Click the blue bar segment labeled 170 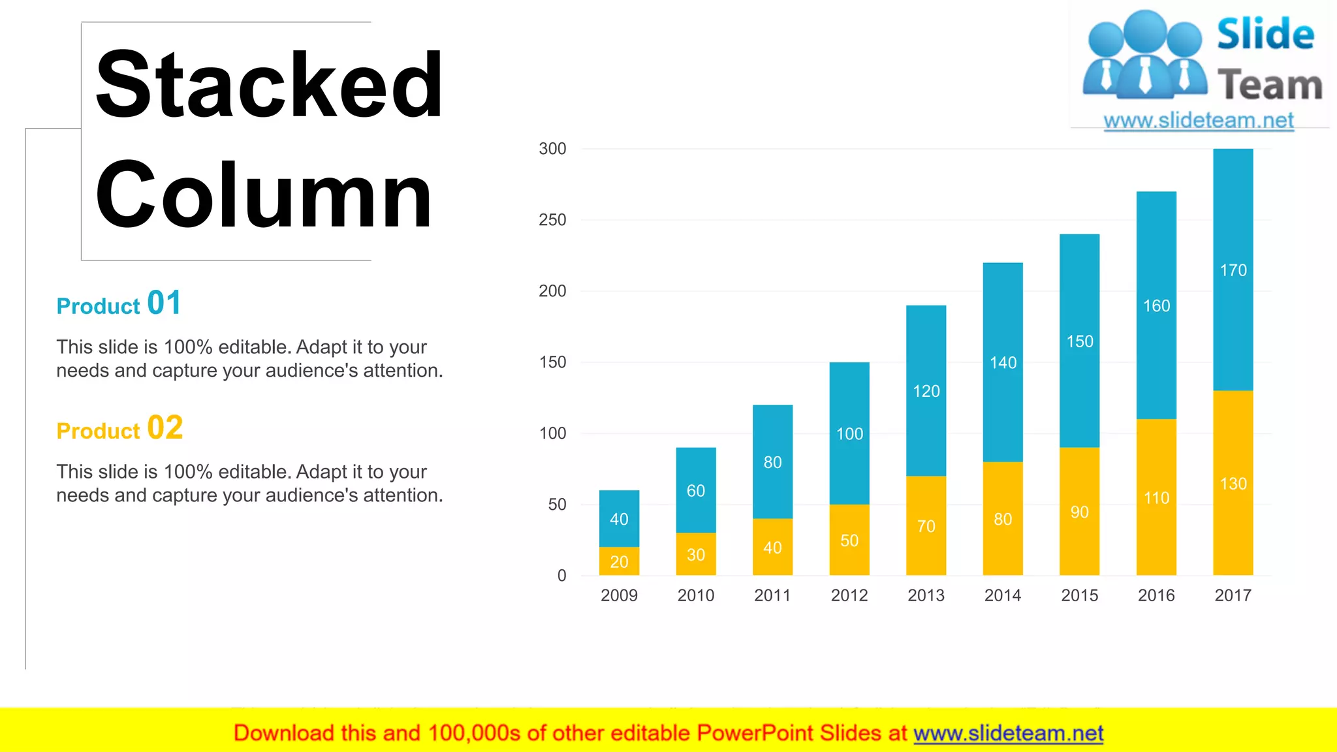tap(1233, 270)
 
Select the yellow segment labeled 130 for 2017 tap(1233, 483)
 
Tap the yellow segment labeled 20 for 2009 tap(619, 561)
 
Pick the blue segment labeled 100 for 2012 tap(849, 433)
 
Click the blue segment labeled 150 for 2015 tap(1079, 341)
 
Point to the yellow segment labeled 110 tap(1156, 497)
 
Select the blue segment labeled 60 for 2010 tap(695, 490)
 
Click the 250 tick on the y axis tap(552, 220)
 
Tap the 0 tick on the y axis tap(561, 576)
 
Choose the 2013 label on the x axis tap(926, 595)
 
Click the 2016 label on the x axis tap(1156, 595)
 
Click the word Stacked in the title tap(269, 85)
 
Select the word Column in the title tap(264, 196)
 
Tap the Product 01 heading tap(119, 304)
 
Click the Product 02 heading tap(119, 429)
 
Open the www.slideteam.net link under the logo tap(1199, 121)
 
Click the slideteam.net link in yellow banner tap(1008, 733)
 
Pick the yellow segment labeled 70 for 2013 tap(926, 525)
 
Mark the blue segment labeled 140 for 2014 tap(1003, 362)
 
